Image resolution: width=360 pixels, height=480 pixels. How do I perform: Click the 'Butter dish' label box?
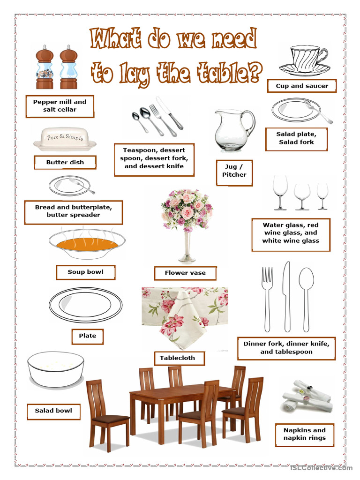pyautogui.click(x=65, y=162)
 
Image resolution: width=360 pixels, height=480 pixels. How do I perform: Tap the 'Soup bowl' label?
pyautogui.click(x=85, y=272)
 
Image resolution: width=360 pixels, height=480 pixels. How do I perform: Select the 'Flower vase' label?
pyautogui.click(x=185, y=273)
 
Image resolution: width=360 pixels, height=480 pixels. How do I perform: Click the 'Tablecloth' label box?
pyautogui.click(x=177, y=358)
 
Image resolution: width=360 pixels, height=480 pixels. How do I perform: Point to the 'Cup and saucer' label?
pyautogui.click(x=302, y=86)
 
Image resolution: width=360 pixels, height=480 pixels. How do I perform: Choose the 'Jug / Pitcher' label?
pyautogui.click(x=234, y=171)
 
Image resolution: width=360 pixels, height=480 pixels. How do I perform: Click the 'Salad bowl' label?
pyautogui.click(x=53, y=411)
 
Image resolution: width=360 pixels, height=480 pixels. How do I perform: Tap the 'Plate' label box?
pyautogui.click(x=88, y=336)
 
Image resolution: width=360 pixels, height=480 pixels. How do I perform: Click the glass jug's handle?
pyautogui.click(x=250, y=122)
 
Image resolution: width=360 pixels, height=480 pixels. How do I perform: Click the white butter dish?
pyautogui.click(x=65, y=138)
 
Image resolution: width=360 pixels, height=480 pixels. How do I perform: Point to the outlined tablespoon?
pyautogui.click(x=307, y=295)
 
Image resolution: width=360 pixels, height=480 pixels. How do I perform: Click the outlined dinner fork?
pyautogui.click(x=267, y=295)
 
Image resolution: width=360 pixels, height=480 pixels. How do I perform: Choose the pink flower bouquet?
pyautogui.click(x=187, y=210)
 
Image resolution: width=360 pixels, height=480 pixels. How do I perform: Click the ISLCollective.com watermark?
pyautogui.click(x=321, y=468)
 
